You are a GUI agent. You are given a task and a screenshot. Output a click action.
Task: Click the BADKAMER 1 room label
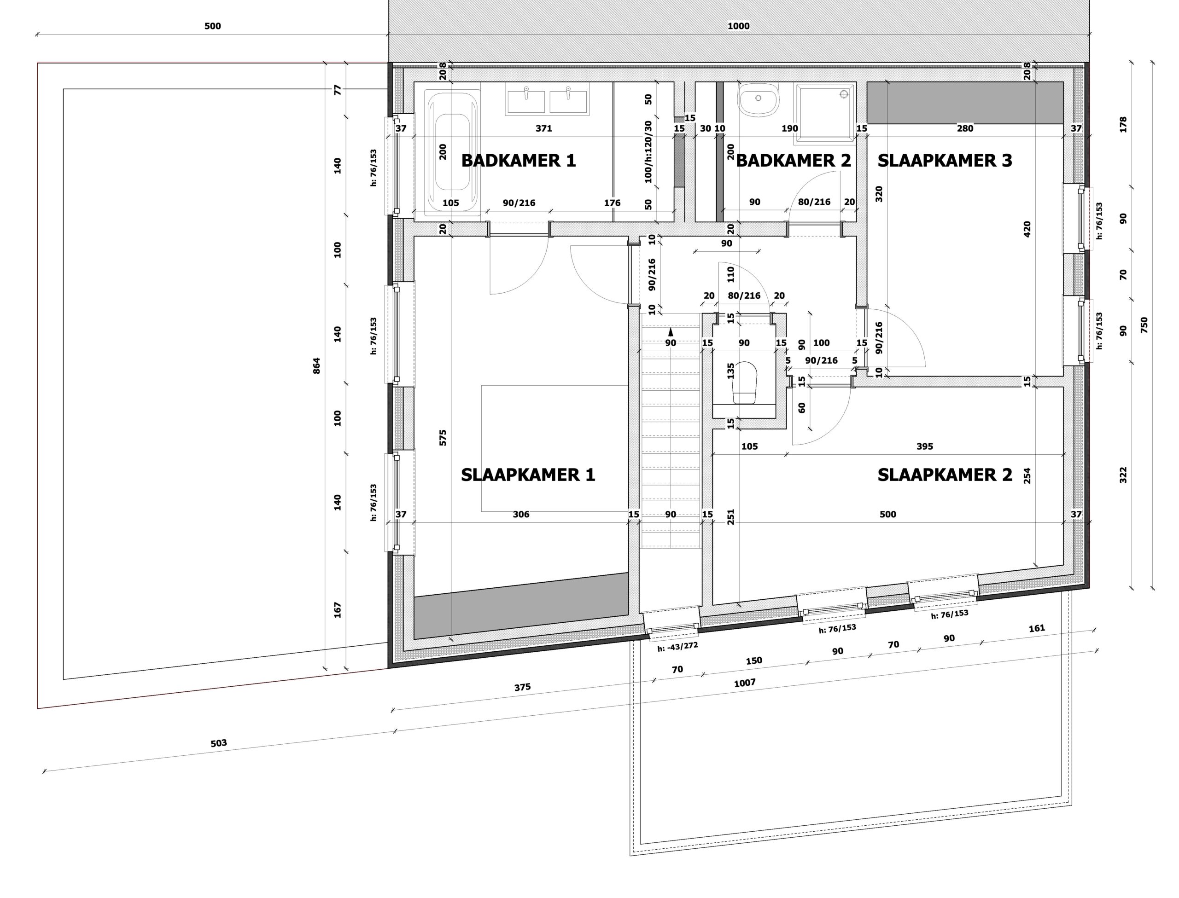click(518, 160)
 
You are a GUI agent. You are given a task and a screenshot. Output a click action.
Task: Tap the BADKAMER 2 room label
click(793, 160)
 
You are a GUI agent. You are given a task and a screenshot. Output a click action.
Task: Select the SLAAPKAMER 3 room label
click(945, 160)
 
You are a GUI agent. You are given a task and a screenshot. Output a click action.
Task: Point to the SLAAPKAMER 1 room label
click(528, 475)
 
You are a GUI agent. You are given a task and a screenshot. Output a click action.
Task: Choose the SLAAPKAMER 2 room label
click(945, 475)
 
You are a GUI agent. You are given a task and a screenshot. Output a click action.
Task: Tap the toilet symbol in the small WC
click(745, 382)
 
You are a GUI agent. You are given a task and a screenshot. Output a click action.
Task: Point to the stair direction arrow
click(671, 331)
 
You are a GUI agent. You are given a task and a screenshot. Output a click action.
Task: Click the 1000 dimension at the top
click(738, 26)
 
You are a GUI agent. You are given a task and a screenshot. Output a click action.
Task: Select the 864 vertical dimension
click(316, 365)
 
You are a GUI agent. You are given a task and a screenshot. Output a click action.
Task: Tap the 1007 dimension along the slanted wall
click(744, 683)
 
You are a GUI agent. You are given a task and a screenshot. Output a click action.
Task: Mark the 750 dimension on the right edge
click(1144, 325)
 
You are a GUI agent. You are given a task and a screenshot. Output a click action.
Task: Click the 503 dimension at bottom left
click(219, 743)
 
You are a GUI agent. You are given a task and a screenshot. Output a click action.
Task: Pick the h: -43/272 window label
click(677, 646)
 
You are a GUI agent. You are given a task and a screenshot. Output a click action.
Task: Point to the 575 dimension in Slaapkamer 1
click(443, 438)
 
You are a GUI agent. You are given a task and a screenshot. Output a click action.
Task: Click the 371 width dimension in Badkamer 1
click(544, 128)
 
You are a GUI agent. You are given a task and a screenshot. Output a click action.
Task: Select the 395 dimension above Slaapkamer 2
click(924, 446)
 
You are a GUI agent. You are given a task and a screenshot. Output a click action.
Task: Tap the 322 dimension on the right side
click(1123, 475)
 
